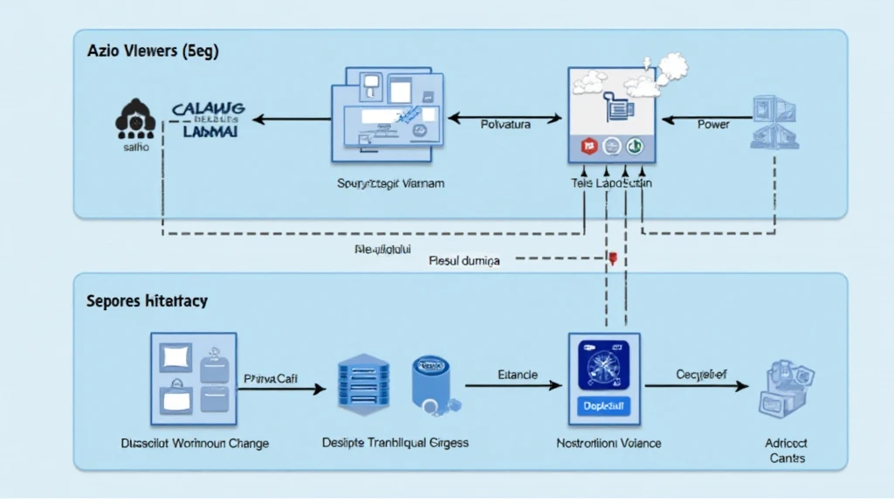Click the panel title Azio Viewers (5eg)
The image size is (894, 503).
tap(153, 52)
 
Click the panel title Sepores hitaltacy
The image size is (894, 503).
tap(147, 300)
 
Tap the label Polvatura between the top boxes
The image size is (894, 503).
tap(505, 124)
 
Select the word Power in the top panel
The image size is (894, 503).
tap(713, 124)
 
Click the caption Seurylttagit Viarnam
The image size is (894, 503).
tap(390, 184)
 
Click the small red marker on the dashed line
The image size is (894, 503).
tap(613, 258)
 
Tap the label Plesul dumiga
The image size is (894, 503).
tap(464, 260)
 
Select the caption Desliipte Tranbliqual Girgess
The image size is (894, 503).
tap(395, 443)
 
